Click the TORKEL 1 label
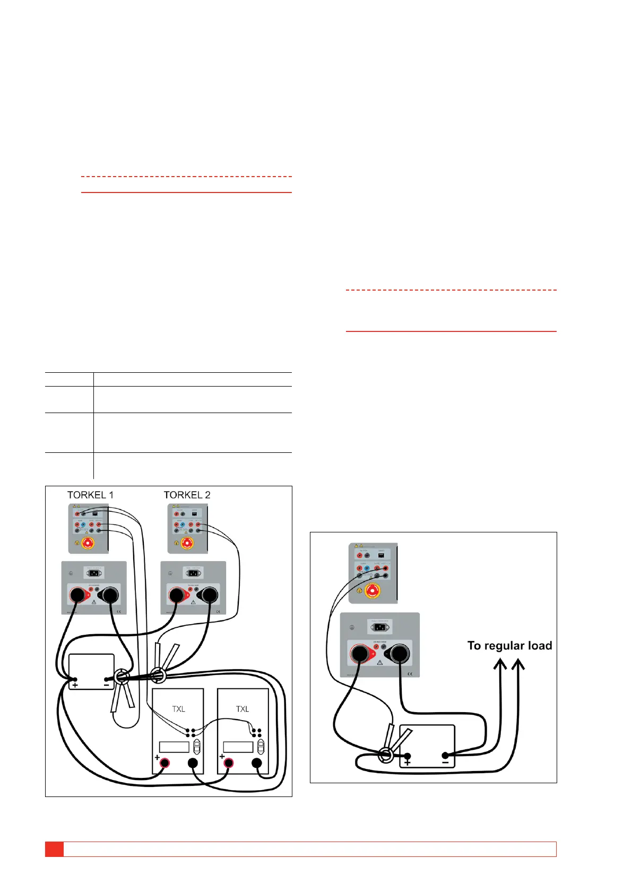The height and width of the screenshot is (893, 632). coord(90,495)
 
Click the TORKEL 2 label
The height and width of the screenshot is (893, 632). coord(187,495)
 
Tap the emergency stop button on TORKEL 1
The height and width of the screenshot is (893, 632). coord(88,543)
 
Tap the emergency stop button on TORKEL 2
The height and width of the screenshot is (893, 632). coord(187,543)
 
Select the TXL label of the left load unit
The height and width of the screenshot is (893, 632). coord(178,709)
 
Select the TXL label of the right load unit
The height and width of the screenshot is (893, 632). coord(243,709)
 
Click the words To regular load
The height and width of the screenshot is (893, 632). coord(509,645)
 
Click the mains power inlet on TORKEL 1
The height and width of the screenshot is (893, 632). coord(94,573)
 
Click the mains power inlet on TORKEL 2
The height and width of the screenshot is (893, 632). coord(193,573)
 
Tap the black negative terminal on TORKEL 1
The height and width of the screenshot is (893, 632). coord(110,595)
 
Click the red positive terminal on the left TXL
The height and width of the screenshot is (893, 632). coord(165,763)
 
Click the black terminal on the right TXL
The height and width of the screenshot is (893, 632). coord(257,763)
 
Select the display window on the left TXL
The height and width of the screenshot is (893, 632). coord(174,747)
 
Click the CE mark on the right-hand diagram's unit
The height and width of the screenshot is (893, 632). coord(410,674)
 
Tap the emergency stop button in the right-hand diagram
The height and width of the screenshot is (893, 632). coord(373,590)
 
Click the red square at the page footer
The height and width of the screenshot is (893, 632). coord(54,848)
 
